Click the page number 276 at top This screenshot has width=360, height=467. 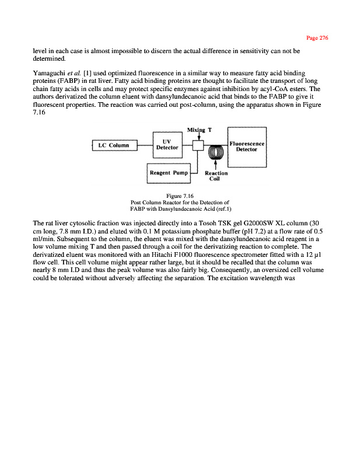click(x=317, y=38)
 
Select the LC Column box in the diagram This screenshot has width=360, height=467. click(x=114, y=145)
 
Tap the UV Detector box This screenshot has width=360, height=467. click(x=166, y=144)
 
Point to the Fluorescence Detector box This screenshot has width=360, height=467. click(x=247, y=145)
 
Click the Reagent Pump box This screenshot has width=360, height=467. click(x=167, y=173)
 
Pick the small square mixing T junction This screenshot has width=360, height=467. click(x=198, y=145)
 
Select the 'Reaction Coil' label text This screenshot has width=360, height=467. click(x=216, y=176)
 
